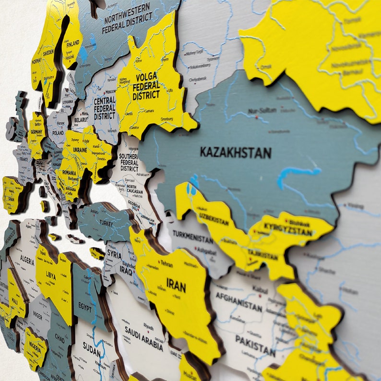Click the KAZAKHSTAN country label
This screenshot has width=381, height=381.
[236, 153]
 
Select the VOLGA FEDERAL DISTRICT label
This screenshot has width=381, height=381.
[146, 86]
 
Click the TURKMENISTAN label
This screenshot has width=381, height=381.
[192, 238]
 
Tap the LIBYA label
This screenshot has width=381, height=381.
[51, 276]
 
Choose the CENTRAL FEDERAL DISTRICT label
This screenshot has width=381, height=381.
[104, 108]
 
